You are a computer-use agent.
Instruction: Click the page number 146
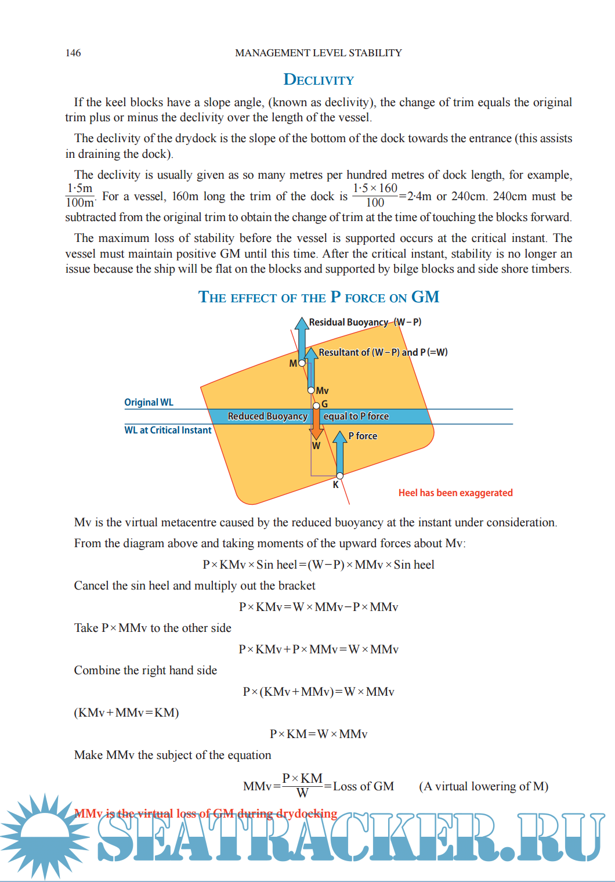tap(73, 53)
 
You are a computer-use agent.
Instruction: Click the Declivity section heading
tap(319, 79)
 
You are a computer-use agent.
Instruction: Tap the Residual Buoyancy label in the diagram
tap(348, 322)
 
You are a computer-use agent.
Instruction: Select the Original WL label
tap(149, 402)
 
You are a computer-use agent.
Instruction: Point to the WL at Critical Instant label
tap(168, 430)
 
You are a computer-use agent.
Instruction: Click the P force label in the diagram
tap(363, 436)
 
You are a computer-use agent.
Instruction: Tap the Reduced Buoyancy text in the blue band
tap(267, 416)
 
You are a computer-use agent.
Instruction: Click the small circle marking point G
tap(316, 406)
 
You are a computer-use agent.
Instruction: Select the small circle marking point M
tap(302, 363)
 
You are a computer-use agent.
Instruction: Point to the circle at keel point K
tap(340, 476)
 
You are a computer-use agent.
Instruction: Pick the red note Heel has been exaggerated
tap(455, 493)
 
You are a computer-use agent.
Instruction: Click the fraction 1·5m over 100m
tap(79, 196)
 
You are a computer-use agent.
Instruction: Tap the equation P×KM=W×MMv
tap(319, 734)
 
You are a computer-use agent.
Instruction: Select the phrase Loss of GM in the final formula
tap(363, 786)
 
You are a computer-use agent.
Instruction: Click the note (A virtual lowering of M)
tap(483, 786)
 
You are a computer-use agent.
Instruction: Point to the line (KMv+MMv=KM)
tap(126, 713)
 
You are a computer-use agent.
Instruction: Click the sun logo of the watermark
tap(44, 836)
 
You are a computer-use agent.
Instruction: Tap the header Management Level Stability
tap(319, 53)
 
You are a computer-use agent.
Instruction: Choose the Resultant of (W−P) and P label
tap(383, 352)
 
